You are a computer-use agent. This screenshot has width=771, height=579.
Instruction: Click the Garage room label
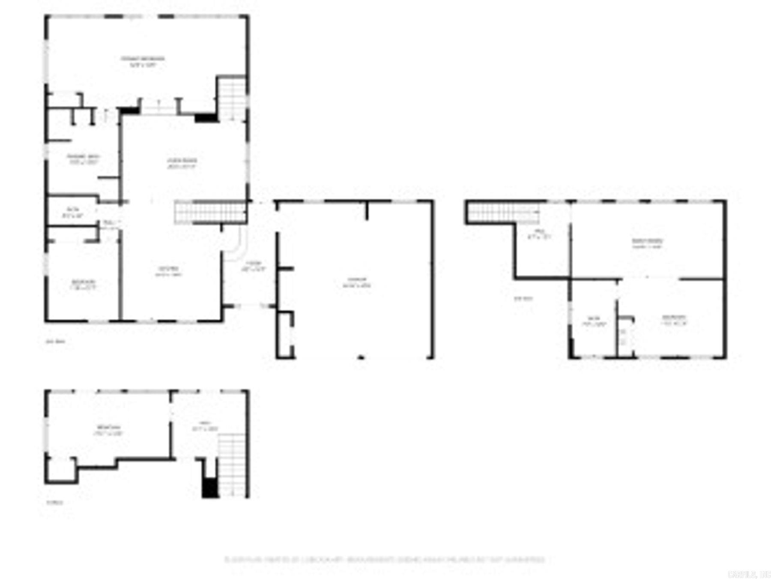356,282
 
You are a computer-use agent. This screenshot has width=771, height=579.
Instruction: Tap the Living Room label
182,163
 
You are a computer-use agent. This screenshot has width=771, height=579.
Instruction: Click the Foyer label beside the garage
254,266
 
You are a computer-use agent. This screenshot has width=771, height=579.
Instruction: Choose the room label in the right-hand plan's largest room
647,243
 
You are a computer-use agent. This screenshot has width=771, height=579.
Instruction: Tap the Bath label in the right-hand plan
594,321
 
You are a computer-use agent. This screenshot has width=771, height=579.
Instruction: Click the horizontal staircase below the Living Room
210,213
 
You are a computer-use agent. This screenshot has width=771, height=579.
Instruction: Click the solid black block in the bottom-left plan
210,488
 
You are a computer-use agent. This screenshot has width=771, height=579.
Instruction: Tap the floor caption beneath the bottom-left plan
55,502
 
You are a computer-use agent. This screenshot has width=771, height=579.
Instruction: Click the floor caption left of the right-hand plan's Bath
523,299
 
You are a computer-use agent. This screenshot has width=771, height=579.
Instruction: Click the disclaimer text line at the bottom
384,559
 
